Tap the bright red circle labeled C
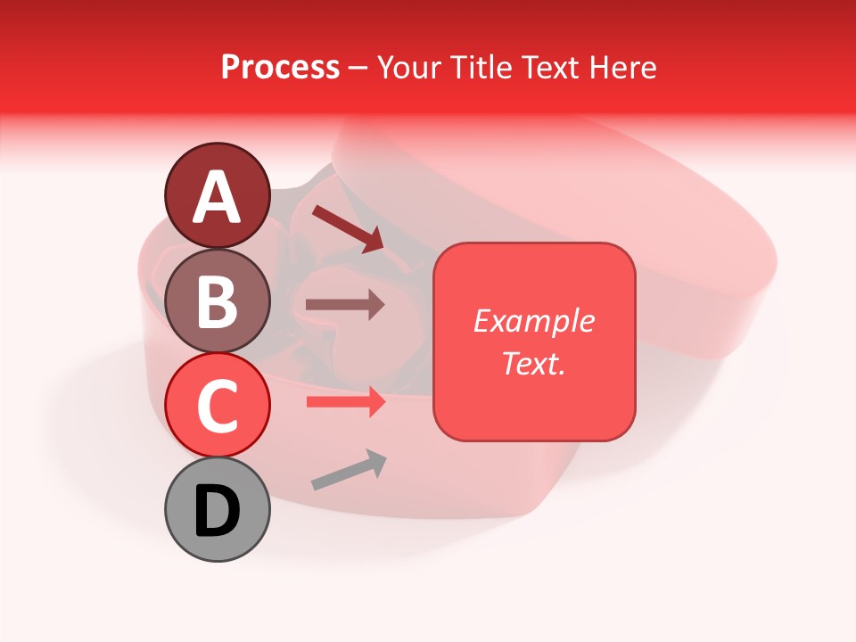point(218,405)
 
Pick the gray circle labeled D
point(218,509)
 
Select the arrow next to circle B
point(345,305)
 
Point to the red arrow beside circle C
point(345,402)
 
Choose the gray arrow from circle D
point(349,470)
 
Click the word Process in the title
point(280,68)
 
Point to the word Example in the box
point(533,321)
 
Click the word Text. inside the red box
point(533,363)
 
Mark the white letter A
point(218,197)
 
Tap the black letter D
point(218,512)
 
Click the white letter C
point(218,407)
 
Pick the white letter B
point(218,301)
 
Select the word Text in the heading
point(551,68)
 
